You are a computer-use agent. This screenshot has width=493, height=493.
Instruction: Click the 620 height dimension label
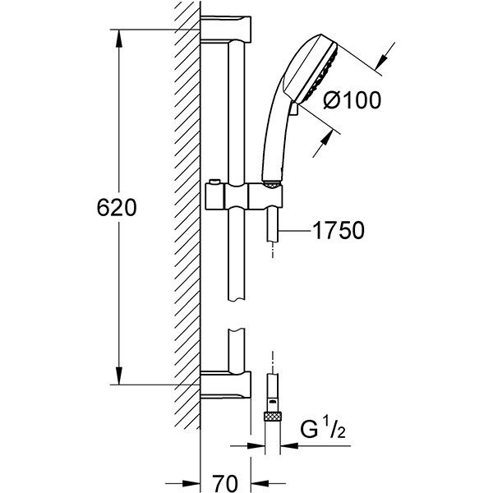[117, 208]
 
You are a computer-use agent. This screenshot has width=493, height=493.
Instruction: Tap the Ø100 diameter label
[352, 100]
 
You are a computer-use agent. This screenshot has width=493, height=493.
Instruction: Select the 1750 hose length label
[339, 230]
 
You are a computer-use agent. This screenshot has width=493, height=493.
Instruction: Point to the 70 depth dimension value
[225, 483]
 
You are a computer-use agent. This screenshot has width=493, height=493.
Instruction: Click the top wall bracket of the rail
[226, 29]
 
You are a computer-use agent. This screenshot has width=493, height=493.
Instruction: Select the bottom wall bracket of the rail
[226, 385]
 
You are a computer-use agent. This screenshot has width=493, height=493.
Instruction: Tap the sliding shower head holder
[244, 196]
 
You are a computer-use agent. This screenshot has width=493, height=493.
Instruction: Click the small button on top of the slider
[214, 182]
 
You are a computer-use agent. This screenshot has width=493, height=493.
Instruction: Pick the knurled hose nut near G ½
[272, 417]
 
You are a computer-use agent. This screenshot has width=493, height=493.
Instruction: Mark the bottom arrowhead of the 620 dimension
[118, 376]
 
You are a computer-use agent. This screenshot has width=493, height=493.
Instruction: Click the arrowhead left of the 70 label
[191, 484]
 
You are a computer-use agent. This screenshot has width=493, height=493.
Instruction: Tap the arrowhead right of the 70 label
[260, 484]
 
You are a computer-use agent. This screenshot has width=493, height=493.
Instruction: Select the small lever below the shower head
[295, 108]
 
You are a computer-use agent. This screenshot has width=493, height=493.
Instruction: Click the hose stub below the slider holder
[273, 225]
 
